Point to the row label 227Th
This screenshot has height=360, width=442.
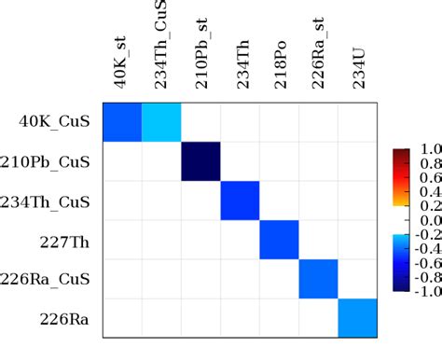point(67,241)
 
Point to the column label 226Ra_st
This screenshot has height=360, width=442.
point(320,58)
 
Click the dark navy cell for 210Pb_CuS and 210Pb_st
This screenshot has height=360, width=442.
point(200,161)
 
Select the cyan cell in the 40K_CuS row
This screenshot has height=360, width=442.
point(160,121)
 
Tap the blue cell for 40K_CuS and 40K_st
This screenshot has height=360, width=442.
point(121,121)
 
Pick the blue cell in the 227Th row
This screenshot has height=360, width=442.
point(280,241)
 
